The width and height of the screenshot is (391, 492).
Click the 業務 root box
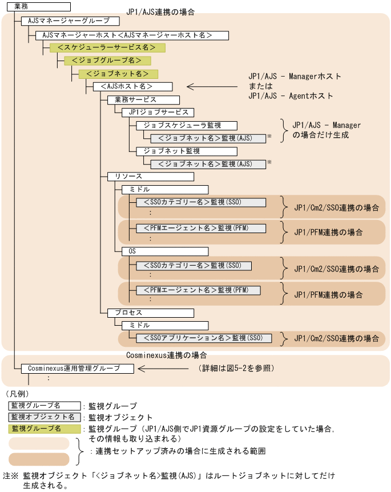pos(39,7)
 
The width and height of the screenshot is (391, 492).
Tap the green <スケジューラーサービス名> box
pos(107,48)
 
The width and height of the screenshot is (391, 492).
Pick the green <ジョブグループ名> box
pos(107,61)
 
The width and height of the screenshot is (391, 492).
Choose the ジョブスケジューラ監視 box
pos(187,126)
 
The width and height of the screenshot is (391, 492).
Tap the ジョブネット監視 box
pos(187,151)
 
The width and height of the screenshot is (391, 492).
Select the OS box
pos(165,251)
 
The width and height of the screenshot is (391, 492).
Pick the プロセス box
pos(151,313)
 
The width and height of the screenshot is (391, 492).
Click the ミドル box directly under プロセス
pos(165,326)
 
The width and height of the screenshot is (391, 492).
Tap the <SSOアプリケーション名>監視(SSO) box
pos(203,338)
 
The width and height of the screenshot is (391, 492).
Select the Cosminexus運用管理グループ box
pos(77,369)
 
